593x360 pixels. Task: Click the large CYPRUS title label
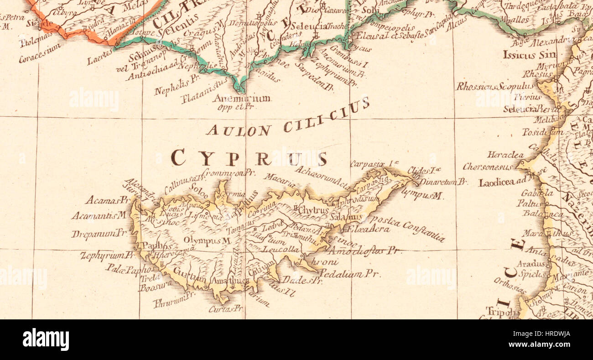pyautogui.click(x=249, y=158)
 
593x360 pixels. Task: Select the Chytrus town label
pyautogui.click(x=315, y=210)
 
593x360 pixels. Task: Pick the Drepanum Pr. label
pyautogui.click(x=99, y=233)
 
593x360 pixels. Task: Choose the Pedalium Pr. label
pyautogui.click(x=349, y=274)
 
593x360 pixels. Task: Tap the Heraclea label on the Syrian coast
pyautogui.click(x=505, y=155)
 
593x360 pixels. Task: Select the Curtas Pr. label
pyautogui.click(x=225, y=309)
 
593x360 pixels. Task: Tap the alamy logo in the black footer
pyautogui.click(x=46, y=339)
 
